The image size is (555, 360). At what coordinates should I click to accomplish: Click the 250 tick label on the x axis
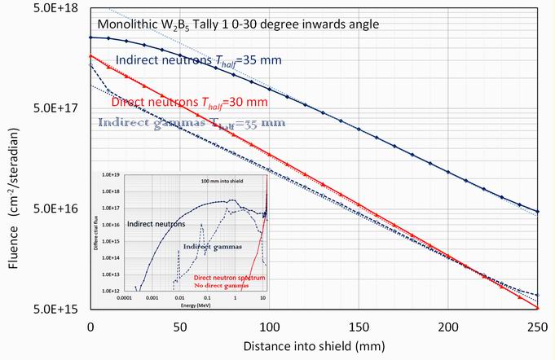coord(537,326)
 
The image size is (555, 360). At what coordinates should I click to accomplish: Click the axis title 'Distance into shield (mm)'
coord(314,347)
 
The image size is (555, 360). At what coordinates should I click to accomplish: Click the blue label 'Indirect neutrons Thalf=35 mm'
coord(203,59)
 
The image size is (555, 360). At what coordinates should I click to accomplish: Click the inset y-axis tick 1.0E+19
coord(110,174)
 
